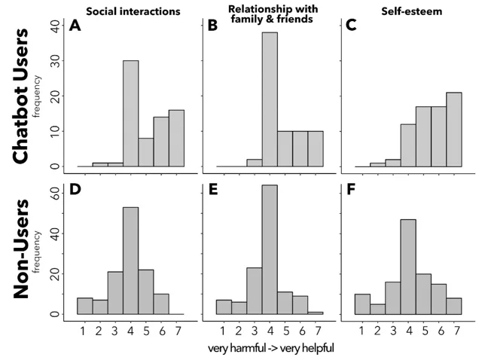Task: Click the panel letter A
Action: (75, 26)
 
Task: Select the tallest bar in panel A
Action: (131, 114)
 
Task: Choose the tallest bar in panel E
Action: (270, 255)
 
